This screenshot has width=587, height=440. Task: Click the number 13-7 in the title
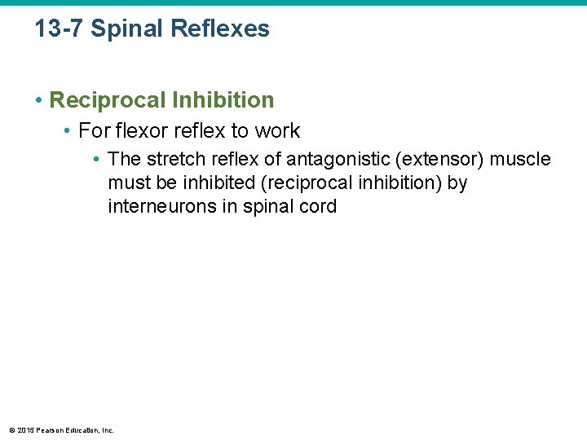tap(59, 29)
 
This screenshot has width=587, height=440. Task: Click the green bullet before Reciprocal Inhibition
tap(38, 101)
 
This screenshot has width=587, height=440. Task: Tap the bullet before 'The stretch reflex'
tap(97, 160)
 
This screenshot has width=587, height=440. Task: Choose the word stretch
tap(174, 159)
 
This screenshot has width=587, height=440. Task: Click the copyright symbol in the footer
tap(11, 430)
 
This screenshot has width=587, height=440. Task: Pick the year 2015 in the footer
tap(24, 430)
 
